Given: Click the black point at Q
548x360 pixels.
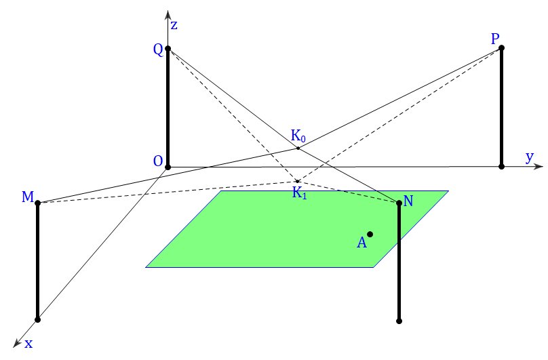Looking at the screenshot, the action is coord(168,48).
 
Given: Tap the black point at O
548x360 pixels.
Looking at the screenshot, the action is coord(168,167).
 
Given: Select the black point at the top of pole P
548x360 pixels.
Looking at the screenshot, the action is coord(501,47).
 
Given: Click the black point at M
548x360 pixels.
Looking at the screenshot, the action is coord(38,203).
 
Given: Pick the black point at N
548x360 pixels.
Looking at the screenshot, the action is coord(399,203).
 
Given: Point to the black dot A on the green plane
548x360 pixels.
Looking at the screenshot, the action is coord(370,234).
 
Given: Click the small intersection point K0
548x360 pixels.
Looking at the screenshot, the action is coord(298,148).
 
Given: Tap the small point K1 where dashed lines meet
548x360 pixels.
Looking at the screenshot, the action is coord(298,182).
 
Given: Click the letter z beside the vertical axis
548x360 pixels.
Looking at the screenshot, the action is coord(174,25).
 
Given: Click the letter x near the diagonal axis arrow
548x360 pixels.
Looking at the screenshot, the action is coord(28,344).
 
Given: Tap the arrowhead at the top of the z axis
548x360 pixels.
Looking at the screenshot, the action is coord(168,15).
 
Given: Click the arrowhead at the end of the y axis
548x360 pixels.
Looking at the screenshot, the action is coord(539,166).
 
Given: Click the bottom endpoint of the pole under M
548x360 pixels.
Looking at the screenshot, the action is coord(38,319).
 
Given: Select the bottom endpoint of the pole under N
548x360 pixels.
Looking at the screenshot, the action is coord(399,321).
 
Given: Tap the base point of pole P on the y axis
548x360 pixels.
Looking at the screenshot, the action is coord(501,166).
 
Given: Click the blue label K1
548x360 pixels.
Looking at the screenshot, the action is coord(300,193).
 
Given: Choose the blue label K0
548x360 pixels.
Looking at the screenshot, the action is coord(298,136).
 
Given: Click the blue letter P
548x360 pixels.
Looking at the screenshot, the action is coord(495,39).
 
